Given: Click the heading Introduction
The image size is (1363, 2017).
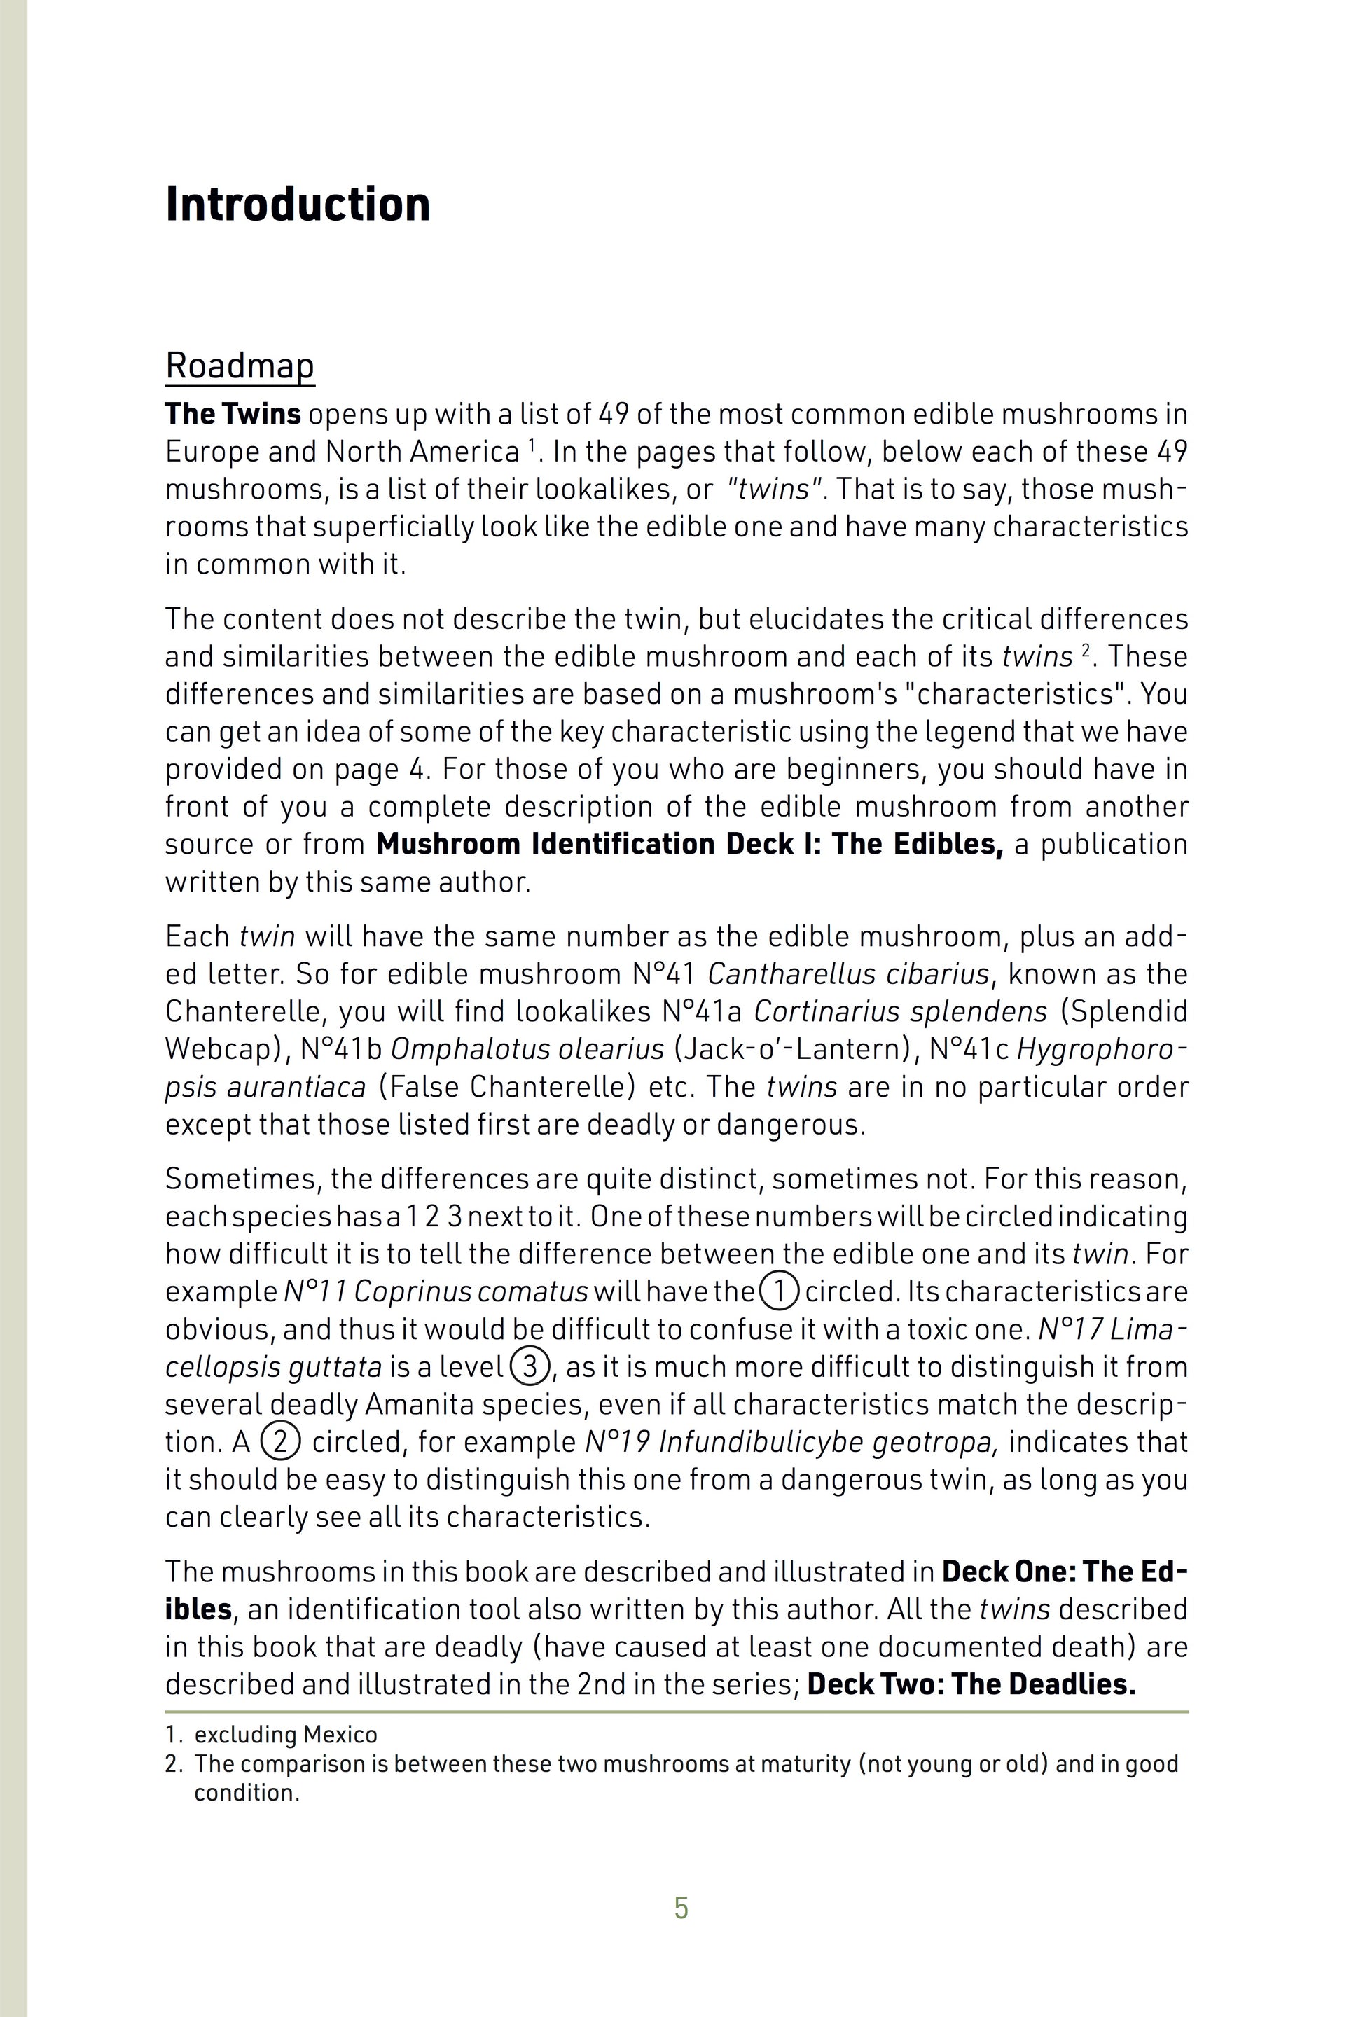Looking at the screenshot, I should pyautogui.click(x=297, y=205).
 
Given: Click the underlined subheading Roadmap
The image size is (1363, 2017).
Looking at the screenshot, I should pyautogui.click(x=240, y=366).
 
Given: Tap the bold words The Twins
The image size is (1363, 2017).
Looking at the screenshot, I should pyautogui.click(x=233, y=414).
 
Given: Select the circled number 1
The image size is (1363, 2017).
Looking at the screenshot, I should pyautogui.click(x=779, y=1291).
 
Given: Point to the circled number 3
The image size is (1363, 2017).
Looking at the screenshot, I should pyautogui.click(x=529, y=1367).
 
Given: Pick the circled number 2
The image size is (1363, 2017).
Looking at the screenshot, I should pyautogui.click(x=280, y=1441).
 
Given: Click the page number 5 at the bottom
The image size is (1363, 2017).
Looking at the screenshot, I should pyautogui.click(x=681, y=1908).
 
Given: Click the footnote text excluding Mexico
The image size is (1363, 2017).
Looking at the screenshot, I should pyautogui.click(x=286, y=1735).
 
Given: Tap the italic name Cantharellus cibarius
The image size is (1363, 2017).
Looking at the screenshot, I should pyautogui.click(x=847, y=975).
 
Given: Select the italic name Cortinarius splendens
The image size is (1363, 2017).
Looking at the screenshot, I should pyautogui.click(x=900, y=1012).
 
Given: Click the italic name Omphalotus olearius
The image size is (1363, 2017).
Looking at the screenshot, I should pyautogui.click(x=527, y=1049).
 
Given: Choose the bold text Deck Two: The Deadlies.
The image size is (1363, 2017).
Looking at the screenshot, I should pyautogui.click(x=971, y=1684).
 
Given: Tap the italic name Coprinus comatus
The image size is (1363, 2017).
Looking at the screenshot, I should pyautogui.click(x=471, y=1292).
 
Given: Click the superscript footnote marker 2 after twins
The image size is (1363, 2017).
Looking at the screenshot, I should pyautogui.click(x=1085, y=650).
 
